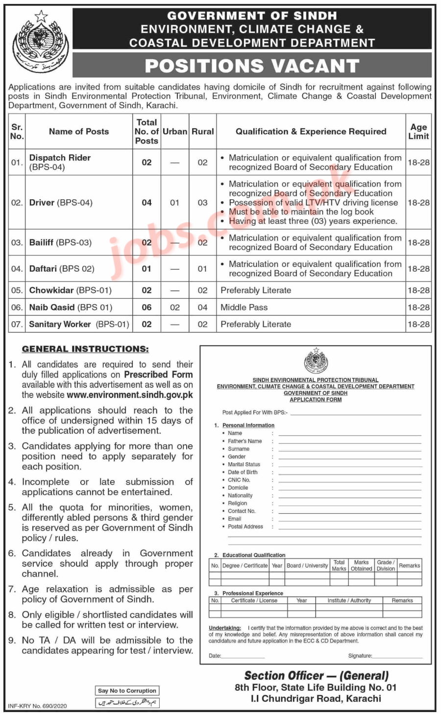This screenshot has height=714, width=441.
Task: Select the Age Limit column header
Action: pyautogui.click(x=418, y=131)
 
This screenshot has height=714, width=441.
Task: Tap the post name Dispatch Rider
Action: pyautogui.click(x=60, y=158)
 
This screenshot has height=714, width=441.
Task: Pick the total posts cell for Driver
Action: pyautogui.click(x=147, y=202)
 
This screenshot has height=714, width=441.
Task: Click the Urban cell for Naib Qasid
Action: pyautogui.click(x=175, y=308)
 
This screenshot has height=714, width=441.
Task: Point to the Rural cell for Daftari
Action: pyautogui.click(x=202, y=269)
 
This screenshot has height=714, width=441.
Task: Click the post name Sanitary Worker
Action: pyautogui.click(x=60, y=324)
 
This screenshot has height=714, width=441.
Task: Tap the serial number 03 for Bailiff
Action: pyautogui.click(x=17, y=243)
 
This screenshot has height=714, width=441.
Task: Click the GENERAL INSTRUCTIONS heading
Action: pyautogui.click(x=85, y=349)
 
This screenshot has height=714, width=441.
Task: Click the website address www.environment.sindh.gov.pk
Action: pyautogui.click(x=130, y=395)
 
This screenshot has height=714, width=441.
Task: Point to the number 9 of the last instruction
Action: pyautogui.click(x=12, y=640)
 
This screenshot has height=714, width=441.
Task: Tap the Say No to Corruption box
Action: pyautogui.click(x=127, y=690)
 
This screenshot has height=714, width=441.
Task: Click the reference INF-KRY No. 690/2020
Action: pyautogui.click(x=38, y=706)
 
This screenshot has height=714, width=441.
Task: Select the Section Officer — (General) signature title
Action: pyautogui.click(x=316, y=676)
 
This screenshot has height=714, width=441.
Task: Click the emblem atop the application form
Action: pyautogui.click(x=316, y=360)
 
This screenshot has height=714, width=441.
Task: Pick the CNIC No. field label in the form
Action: pyautogui.click(x=239, y=480)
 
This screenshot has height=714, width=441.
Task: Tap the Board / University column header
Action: pyautogui.click(x=307, y=566)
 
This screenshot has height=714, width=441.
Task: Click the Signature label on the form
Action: pyautogui.click(x=360, y=656)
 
